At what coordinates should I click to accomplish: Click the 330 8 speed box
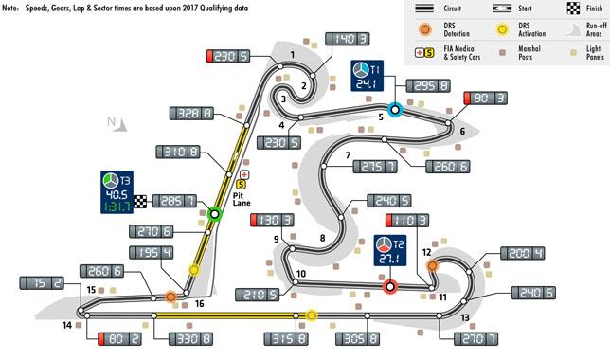click(x=190, y=338)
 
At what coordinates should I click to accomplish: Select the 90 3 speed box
click(x=486, y=99)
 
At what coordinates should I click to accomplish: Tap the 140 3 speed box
click(x=347, y=39)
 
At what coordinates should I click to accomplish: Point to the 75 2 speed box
click(x=42, y=283)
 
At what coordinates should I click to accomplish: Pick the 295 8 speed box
click(x=428, y=85)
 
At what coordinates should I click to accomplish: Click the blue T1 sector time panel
click(x=367, y=76)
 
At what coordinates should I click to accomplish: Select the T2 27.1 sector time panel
click(x=390, y=250)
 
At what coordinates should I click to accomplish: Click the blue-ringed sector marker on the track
click(x=395, y=110)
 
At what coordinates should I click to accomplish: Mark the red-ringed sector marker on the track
click(x=389, y=287)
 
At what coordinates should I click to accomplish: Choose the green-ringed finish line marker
click(x=214, y=214)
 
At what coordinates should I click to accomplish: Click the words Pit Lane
click(x=242, y=199)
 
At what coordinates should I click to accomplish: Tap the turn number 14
click(x=67, y=325)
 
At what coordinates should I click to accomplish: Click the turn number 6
click(x=462, y=131)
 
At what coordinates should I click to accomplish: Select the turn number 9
click(x=277, y=239)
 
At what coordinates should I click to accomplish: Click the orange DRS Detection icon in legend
click(x=424, y=29)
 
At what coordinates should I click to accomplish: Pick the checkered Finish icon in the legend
click(x=573, y=9)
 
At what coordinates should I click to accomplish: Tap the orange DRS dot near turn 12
click(x=432, y=266)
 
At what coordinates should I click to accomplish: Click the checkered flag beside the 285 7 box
click(x=140, y=201)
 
